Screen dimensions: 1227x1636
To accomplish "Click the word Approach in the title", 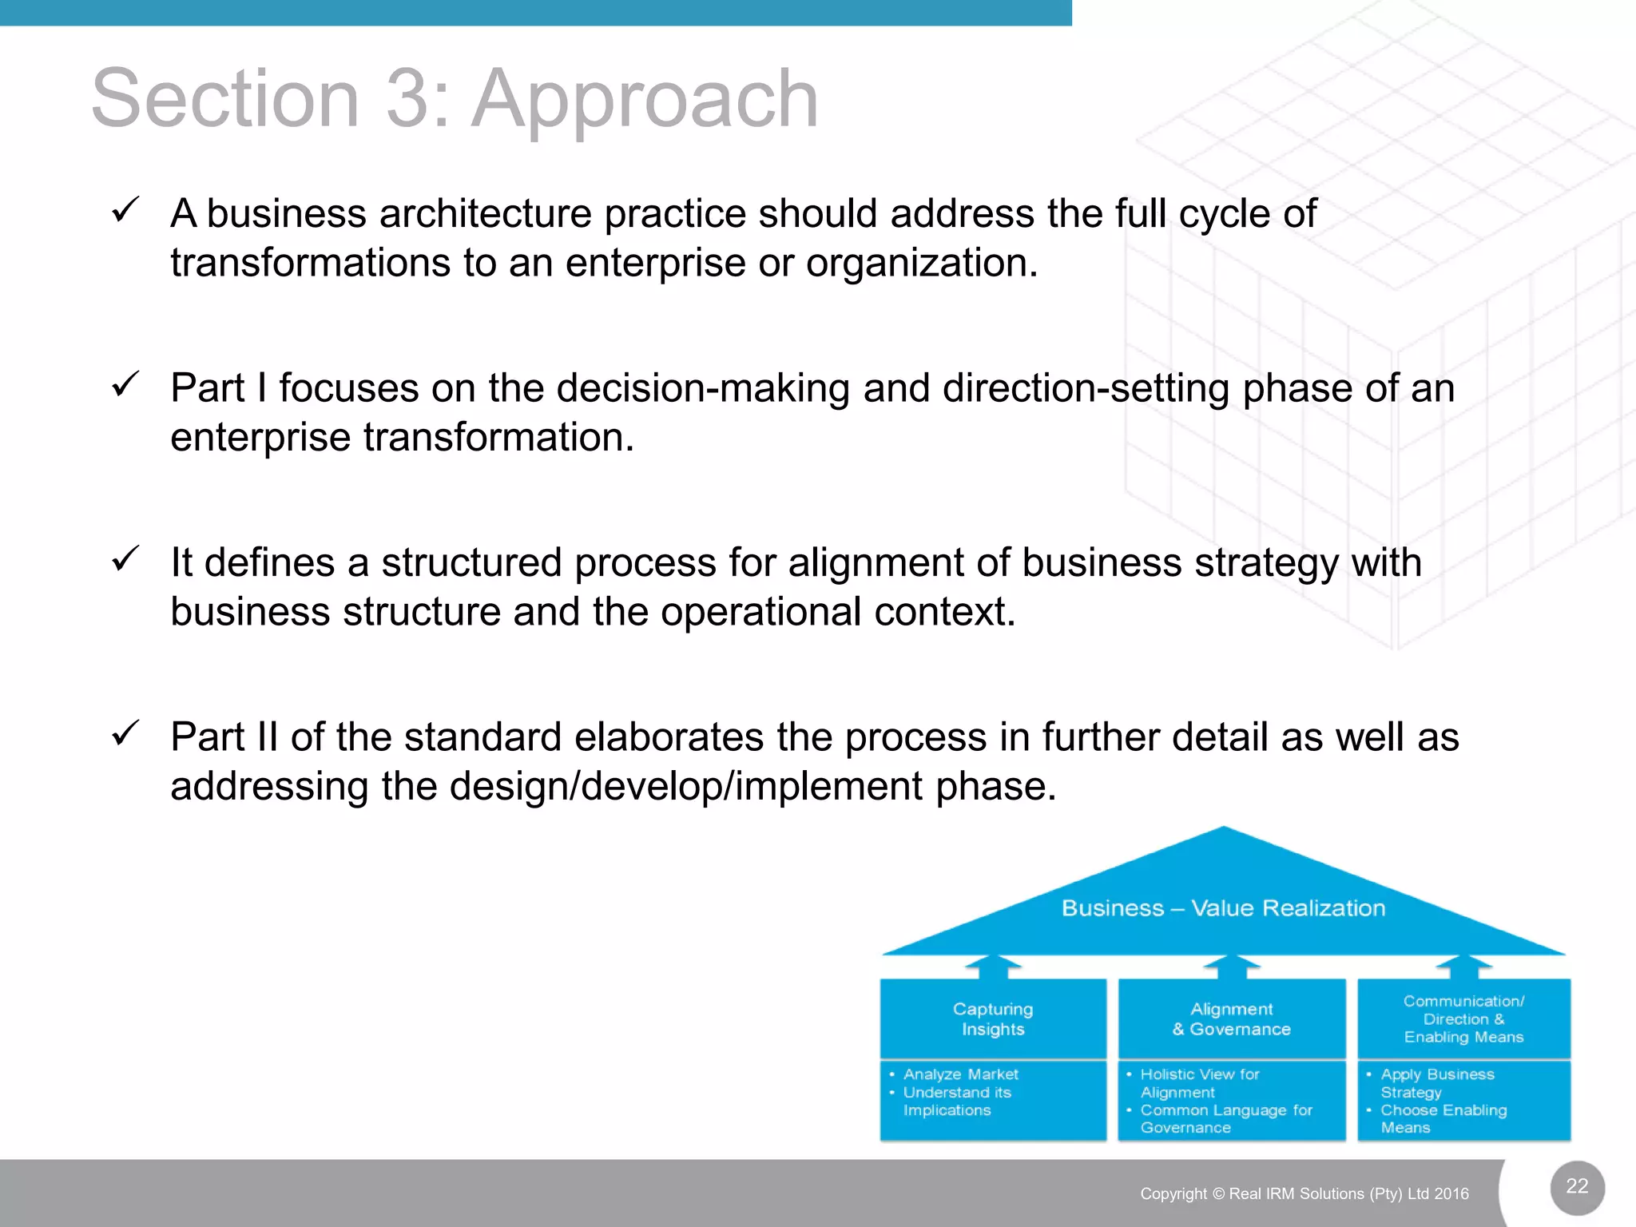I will point(645,99).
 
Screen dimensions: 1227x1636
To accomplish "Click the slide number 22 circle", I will point(1577,1186).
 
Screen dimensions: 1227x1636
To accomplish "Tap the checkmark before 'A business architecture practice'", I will point(126,211).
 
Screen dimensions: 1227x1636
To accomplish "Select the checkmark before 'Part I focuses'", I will point(126,385).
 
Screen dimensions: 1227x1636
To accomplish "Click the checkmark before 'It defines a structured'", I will point(126,559).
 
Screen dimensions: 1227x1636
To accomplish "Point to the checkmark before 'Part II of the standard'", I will point(126,733).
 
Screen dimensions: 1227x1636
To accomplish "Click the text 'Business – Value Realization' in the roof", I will point(1223,908).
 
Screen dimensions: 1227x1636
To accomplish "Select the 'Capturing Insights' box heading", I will point(993,1019).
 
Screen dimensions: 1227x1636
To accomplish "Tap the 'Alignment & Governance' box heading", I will point(1231,1019).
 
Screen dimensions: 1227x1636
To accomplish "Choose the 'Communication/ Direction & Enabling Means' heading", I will point(1463,1019).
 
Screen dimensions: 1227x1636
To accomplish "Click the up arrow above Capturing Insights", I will point(993,967).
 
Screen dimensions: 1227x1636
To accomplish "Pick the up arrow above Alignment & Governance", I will point(1231,967).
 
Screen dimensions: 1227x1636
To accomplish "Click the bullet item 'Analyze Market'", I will point(960,1074).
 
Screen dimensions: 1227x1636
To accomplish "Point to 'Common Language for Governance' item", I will point(1225,1119).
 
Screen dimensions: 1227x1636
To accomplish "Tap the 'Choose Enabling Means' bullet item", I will point(1443,1119).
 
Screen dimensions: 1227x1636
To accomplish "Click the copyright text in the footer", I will point(1304,1193).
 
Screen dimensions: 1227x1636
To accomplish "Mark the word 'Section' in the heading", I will point(225,99).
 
